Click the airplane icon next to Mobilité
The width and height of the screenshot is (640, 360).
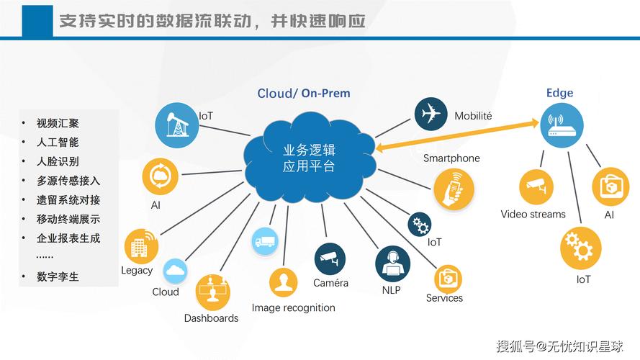[431, 114]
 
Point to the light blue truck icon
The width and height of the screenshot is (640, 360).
[265, 241]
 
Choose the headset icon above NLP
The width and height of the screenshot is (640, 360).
[392, 264]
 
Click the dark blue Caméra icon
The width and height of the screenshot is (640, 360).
[330, 258]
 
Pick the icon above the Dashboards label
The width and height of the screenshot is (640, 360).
[213, 292]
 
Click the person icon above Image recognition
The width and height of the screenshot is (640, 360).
[283, 282]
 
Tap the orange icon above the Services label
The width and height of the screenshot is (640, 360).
[448, 278]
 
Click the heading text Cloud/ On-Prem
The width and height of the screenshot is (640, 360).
[304, 94]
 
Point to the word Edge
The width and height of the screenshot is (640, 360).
[559, 93]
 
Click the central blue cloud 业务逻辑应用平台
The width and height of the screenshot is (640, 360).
[310, 158]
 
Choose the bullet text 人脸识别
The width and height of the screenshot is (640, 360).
[58, 161]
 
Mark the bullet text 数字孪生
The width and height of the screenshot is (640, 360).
[58, 276]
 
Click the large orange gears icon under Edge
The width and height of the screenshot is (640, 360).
[580, 248]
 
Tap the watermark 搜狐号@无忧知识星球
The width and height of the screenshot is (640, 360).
[560, 346]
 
